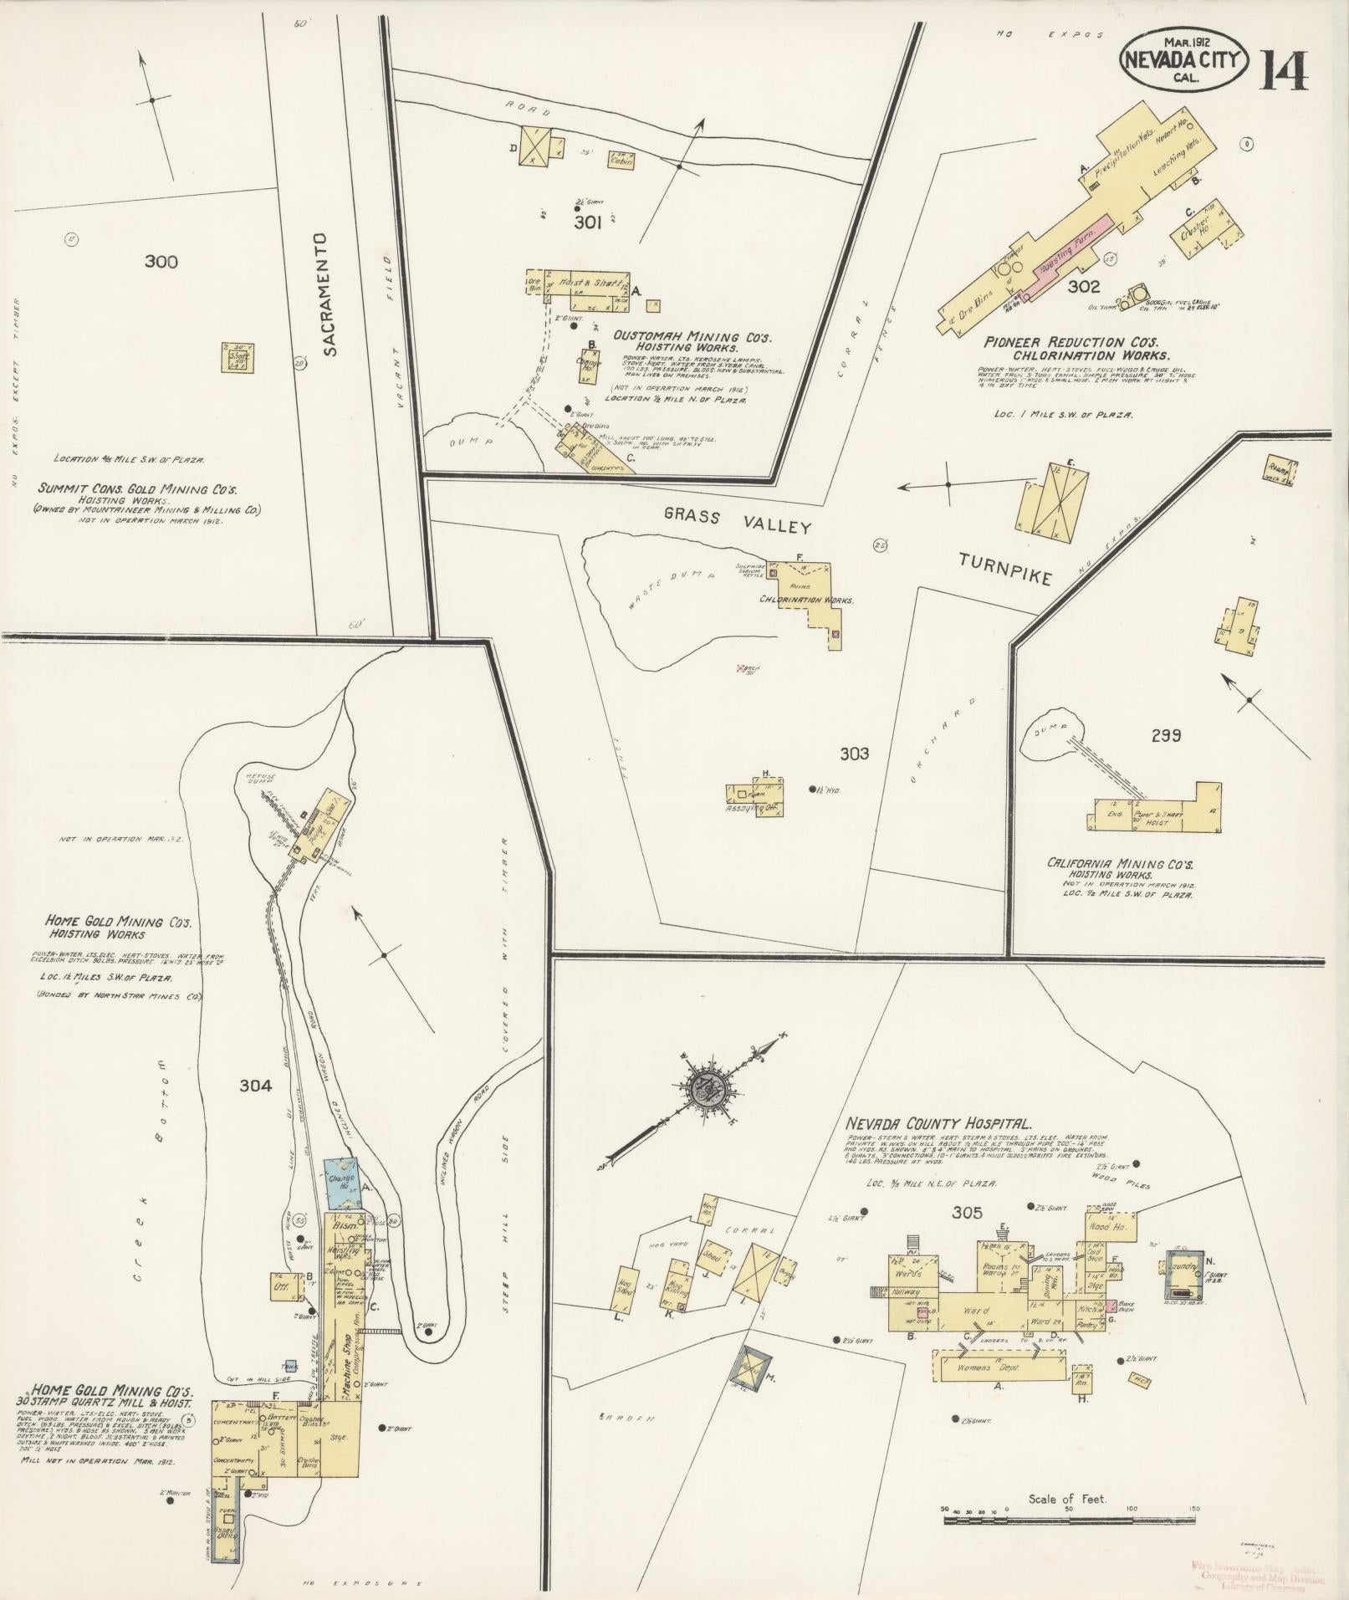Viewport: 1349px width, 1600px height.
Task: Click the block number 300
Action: [x=161, y=262]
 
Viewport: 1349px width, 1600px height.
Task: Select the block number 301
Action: [x=588, y=222]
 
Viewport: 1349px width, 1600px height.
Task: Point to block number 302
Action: [x=1084, y=287]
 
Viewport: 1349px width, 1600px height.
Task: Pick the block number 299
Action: [x=1165, y=735]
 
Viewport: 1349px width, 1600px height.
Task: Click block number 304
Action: [x=255, y=1086]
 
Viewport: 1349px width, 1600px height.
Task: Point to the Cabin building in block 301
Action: [x=621, y=160]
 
